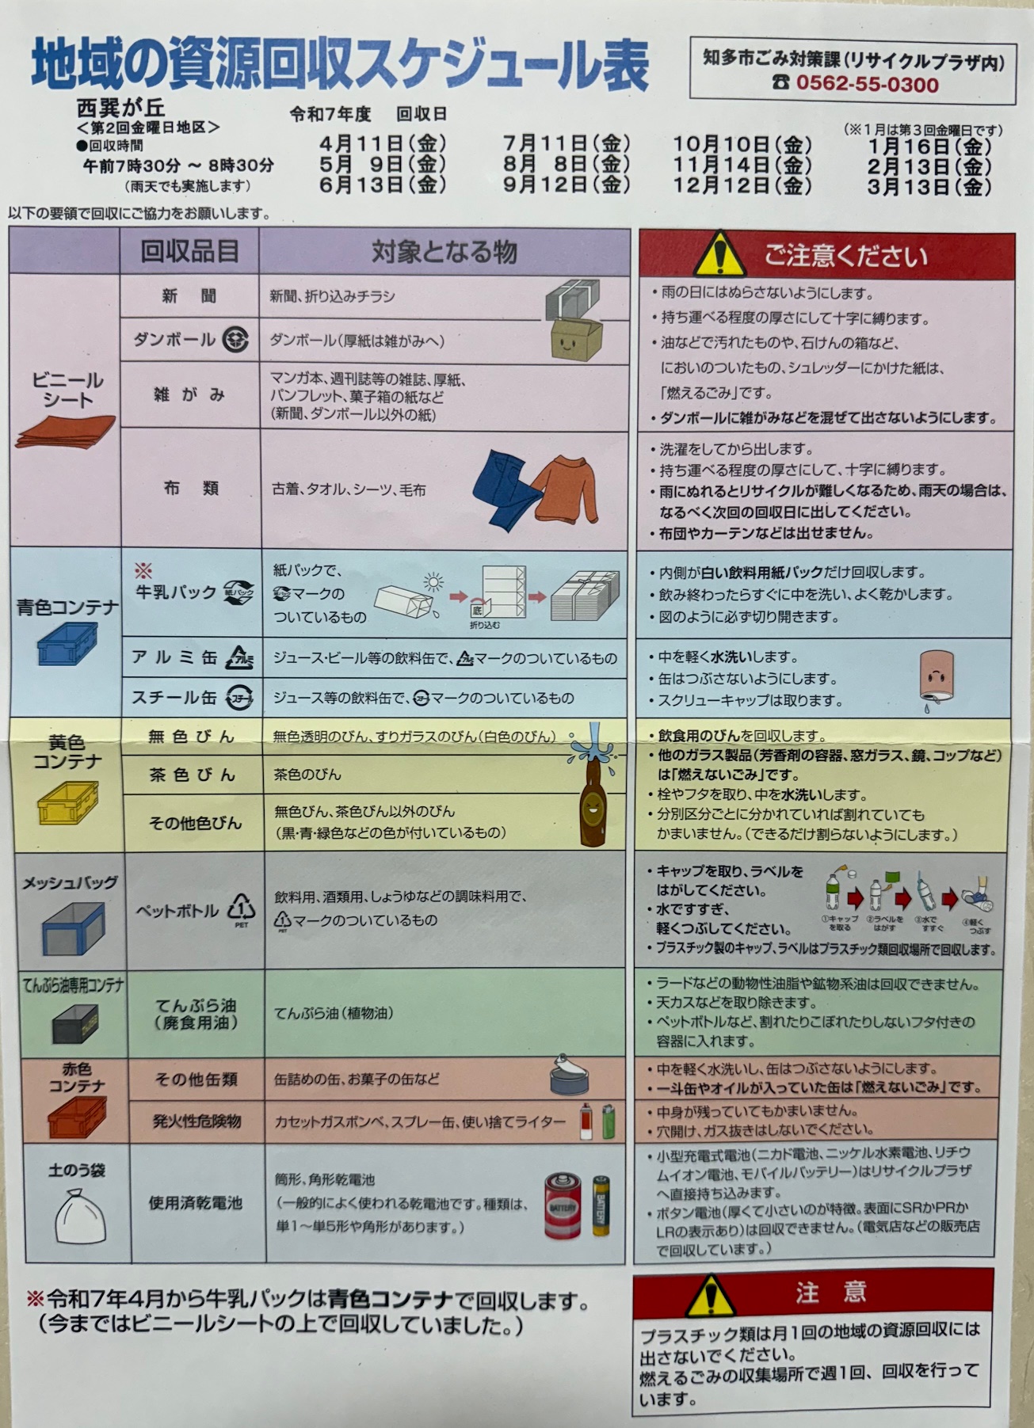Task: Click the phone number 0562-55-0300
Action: click(x=867, y=84)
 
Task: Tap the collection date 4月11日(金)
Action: click(x=383, y=144)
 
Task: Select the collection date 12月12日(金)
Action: click(x=742, y=186)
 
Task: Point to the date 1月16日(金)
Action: click(x=929, y=147)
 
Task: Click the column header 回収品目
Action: click(x=189, y=251)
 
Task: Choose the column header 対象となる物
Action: click(x=445, y=252)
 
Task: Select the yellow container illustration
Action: click(x=68, y=803)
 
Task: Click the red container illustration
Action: click(x=76, y=1117)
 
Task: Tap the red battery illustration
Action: click(x=563, y=1205)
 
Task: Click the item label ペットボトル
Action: click(x=177, y=911)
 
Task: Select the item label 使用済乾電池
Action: click(x=195, y=1203)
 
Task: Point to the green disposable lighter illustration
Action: click(x=609, y=1121)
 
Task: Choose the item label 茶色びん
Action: click(x=193, y=775)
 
